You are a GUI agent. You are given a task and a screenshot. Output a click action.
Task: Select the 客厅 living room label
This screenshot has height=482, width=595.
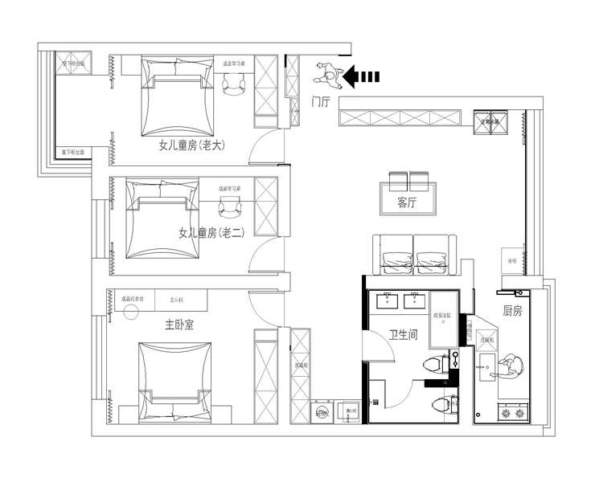point(407,203)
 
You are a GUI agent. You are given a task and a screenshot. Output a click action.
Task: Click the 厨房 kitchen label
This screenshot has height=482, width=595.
point(512,311)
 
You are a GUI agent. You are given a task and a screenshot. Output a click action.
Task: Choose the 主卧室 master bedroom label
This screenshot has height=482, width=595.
point(178,325)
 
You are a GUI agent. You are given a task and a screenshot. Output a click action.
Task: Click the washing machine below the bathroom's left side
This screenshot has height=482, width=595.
point(322,412)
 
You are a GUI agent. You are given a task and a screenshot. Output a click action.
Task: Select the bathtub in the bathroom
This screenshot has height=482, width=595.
point(444,317)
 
